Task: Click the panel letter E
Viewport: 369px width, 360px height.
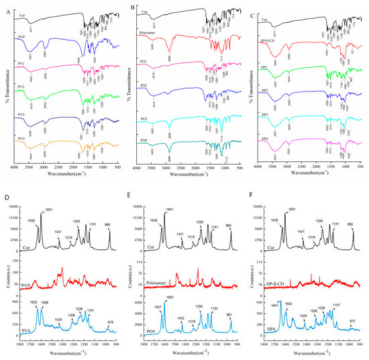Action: (130, 198)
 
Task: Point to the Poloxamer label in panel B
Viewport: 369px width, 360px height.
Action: (145, 32)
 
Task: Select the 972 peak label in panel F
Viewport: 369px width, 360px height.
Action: (352, 322)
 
